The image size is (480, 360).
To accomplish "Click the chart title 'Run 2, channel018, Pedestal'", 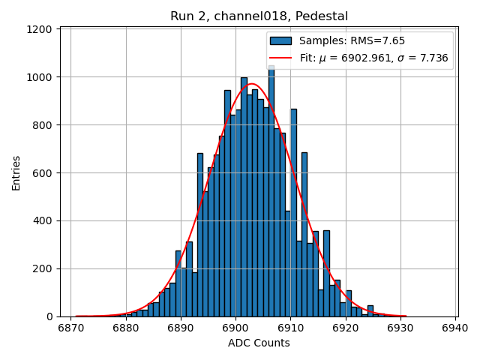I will (x=259, y=16).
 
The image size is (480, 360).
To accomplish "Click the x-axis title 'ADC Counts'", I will (x=259, y=343).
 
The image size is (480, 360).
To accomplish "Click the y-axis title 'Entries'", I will (x=16, y=172).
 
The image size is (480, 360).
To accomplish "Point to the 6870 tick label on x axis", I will (x=70, y=328).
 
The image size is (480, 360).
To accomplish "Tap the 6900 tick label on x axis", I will (x=235, y=328).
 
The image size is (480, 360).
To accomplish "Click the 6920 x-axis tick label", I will (x=345, y=328).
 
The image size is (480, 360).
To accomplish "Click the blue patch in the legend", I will (x=281, y=41).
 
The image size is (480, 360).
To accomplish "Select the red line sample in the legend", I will (x=281, y=58).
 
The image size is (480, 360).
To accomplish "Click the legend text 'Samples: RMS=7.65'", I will (x=346, y=41).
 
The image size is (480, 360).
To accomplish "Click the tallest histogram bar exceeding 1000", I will (x=271, y=187).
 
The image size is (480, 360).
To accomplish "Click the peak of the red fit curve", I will (x=251, y=84).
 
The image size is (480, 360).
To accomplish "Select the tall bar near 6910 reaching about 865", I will (x=293, y=210).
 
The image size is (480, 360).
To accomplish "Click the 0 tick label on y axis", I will (x=49, y=316).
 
